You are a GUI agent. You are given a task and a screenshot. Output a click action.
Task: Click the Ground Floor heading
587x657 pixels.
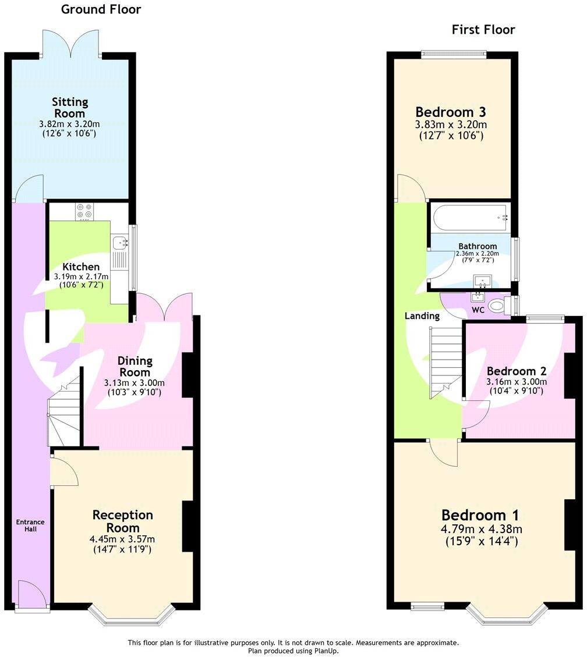tap(101, 9)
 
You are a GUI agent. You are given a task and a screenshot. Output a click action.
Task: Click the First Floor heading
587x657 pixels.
tap(483, 30)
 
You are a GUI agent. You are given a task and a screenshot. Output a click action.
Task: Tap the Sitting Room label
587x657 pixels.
tap(70, 108)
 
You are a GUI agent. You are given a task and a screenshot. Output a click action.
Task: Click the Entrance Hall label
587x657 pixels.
tap(30, 525)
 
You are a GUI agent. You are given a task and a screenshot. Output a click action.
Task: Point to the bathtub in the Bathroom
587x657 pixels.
tap(469, 217)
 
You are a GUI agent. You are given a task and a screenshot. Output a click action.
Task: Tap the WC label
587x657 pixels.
tap(478, 311)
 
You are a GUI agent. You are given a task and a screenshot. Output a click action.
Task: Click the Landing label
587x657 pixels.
tap(422, 316)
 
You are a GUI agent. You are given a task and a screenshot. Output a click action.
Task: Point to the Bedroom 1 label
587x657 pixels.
tap(480, 515)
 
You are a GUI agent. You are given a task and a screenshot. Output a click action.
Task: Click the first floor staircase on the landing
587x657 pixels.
tap(445, 361)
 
